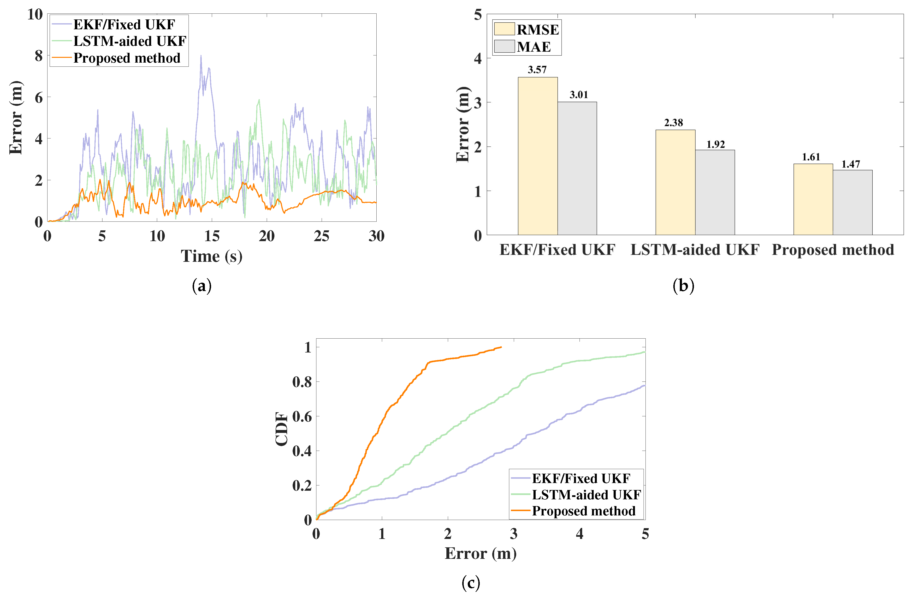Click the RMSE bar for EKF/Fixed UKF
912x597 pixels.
click(538, 156)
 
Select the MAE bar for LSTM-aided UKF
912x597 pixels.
click(715, 192)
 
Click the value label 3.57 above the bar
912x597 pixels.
click(537, 70)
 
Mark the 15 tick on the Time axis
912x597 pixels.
click(212, 236)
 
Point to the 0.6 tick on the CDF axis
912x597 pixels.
click(302, 416)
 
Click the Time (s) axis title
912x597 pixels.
click(212, 256)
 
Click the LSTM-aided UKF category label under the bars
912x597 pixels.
click(695, 250)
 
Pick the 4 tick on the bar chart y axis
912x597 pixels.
click(477, 58)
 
